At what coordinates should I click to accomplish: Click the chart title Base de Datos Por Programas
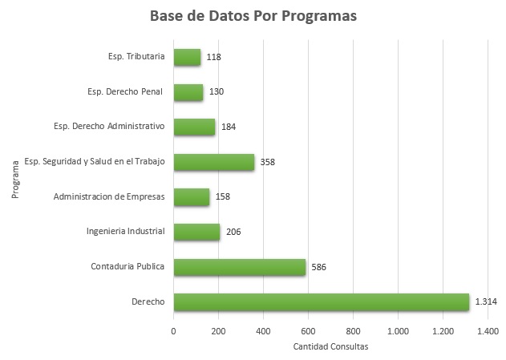[x=253, y=17]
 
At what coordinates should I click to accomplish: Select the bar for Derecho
[x=321, y=301]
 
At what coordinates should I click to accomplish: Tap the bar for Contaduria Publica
[x=239, y=267]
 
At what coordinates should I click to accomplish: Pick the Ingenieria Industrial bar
[x=196, y=232]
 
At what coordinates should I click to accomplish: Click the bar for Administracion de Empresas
[x=191, y=196]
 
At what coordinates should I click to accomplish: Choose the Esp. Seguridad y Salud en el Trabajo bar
[x=213, y=162]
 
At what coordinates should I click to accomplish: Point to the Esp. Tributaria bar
[x=187, y=57]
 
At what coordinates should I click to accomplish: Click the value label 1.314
[x=485, y=302]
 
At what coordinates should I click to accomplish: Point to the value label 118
[x=213, y=57]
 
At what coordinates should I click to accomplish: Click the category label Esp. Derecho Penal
[x=125, y=91]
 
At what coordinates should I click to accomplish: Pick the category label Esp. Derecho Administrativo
[x=109, y=126]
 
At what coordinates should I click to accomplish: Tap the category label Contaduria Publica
[x=128, y=266]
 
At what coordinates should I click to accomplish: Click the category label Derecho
[x=148, y=301]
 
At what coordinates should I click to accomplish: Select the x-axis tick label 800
[x=353, y=330]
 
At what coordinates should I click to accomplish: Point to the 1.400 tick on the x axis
[x=488, y=330]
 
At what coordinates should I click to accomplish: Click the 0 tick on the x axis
[x=174, y=330]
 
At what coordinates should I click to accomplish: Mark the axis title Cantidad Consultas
[x=330, y=346]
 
